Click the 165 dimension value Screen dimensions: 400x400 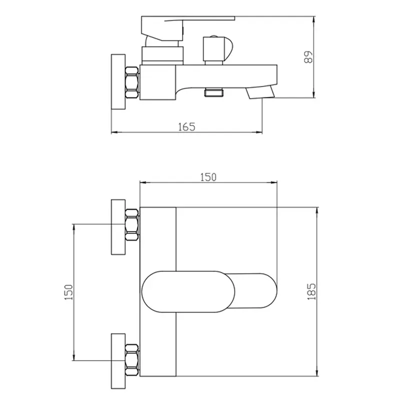[x=186, y=127]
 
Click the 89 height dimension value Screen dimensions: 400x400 [x=308, y=57]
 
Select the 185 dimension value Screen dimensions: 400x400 [x=311, y=291]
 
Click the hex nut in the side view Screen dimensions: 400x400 [x=132, y=82]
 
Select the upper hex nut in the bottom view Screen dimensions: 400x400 [x=132, y=225]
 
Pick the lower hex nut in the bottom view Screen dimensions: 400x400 [x=132, y=360]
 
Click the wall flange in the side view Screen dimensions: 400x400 [x=118, y=82]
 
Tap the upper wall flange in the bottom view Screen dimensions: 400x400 [x=118, y=227]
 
